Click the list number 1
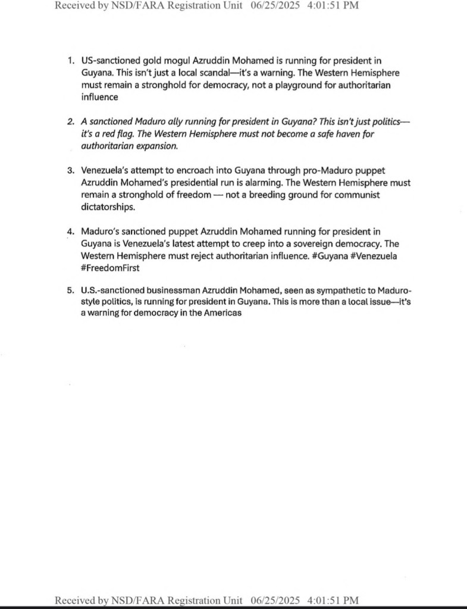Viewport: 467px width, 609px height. (70, 61)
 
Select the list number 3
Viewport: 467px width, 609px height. (70, 171)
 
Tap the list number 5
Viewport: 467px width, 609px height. (70, 290)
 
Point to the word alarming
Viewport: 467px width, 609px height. (294, 183)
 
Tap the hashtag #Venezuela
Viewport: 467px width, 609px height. (372, 256)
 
